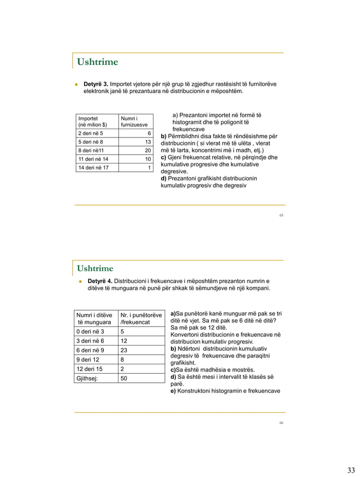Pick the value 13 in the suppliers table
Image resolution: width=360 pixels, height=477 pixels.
coord(148,142)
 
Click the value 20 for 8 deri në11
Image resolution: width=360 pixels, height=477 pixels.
coord(148,151)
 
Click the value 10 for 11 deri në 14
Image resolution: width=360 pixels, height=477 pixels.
coord(148,159)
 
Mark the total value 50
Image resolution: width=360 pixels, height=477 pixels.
coord(125,378)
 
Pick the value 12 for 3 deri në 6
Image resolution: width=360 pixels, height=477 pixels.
coord(125,341)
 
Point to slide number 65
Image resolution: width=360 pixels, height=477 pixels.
coord(281,215)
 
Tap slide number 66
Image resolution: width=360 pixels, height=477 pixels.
coord(281,422)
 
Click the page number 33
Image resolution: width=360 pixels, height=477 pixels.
coord(351,470)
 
